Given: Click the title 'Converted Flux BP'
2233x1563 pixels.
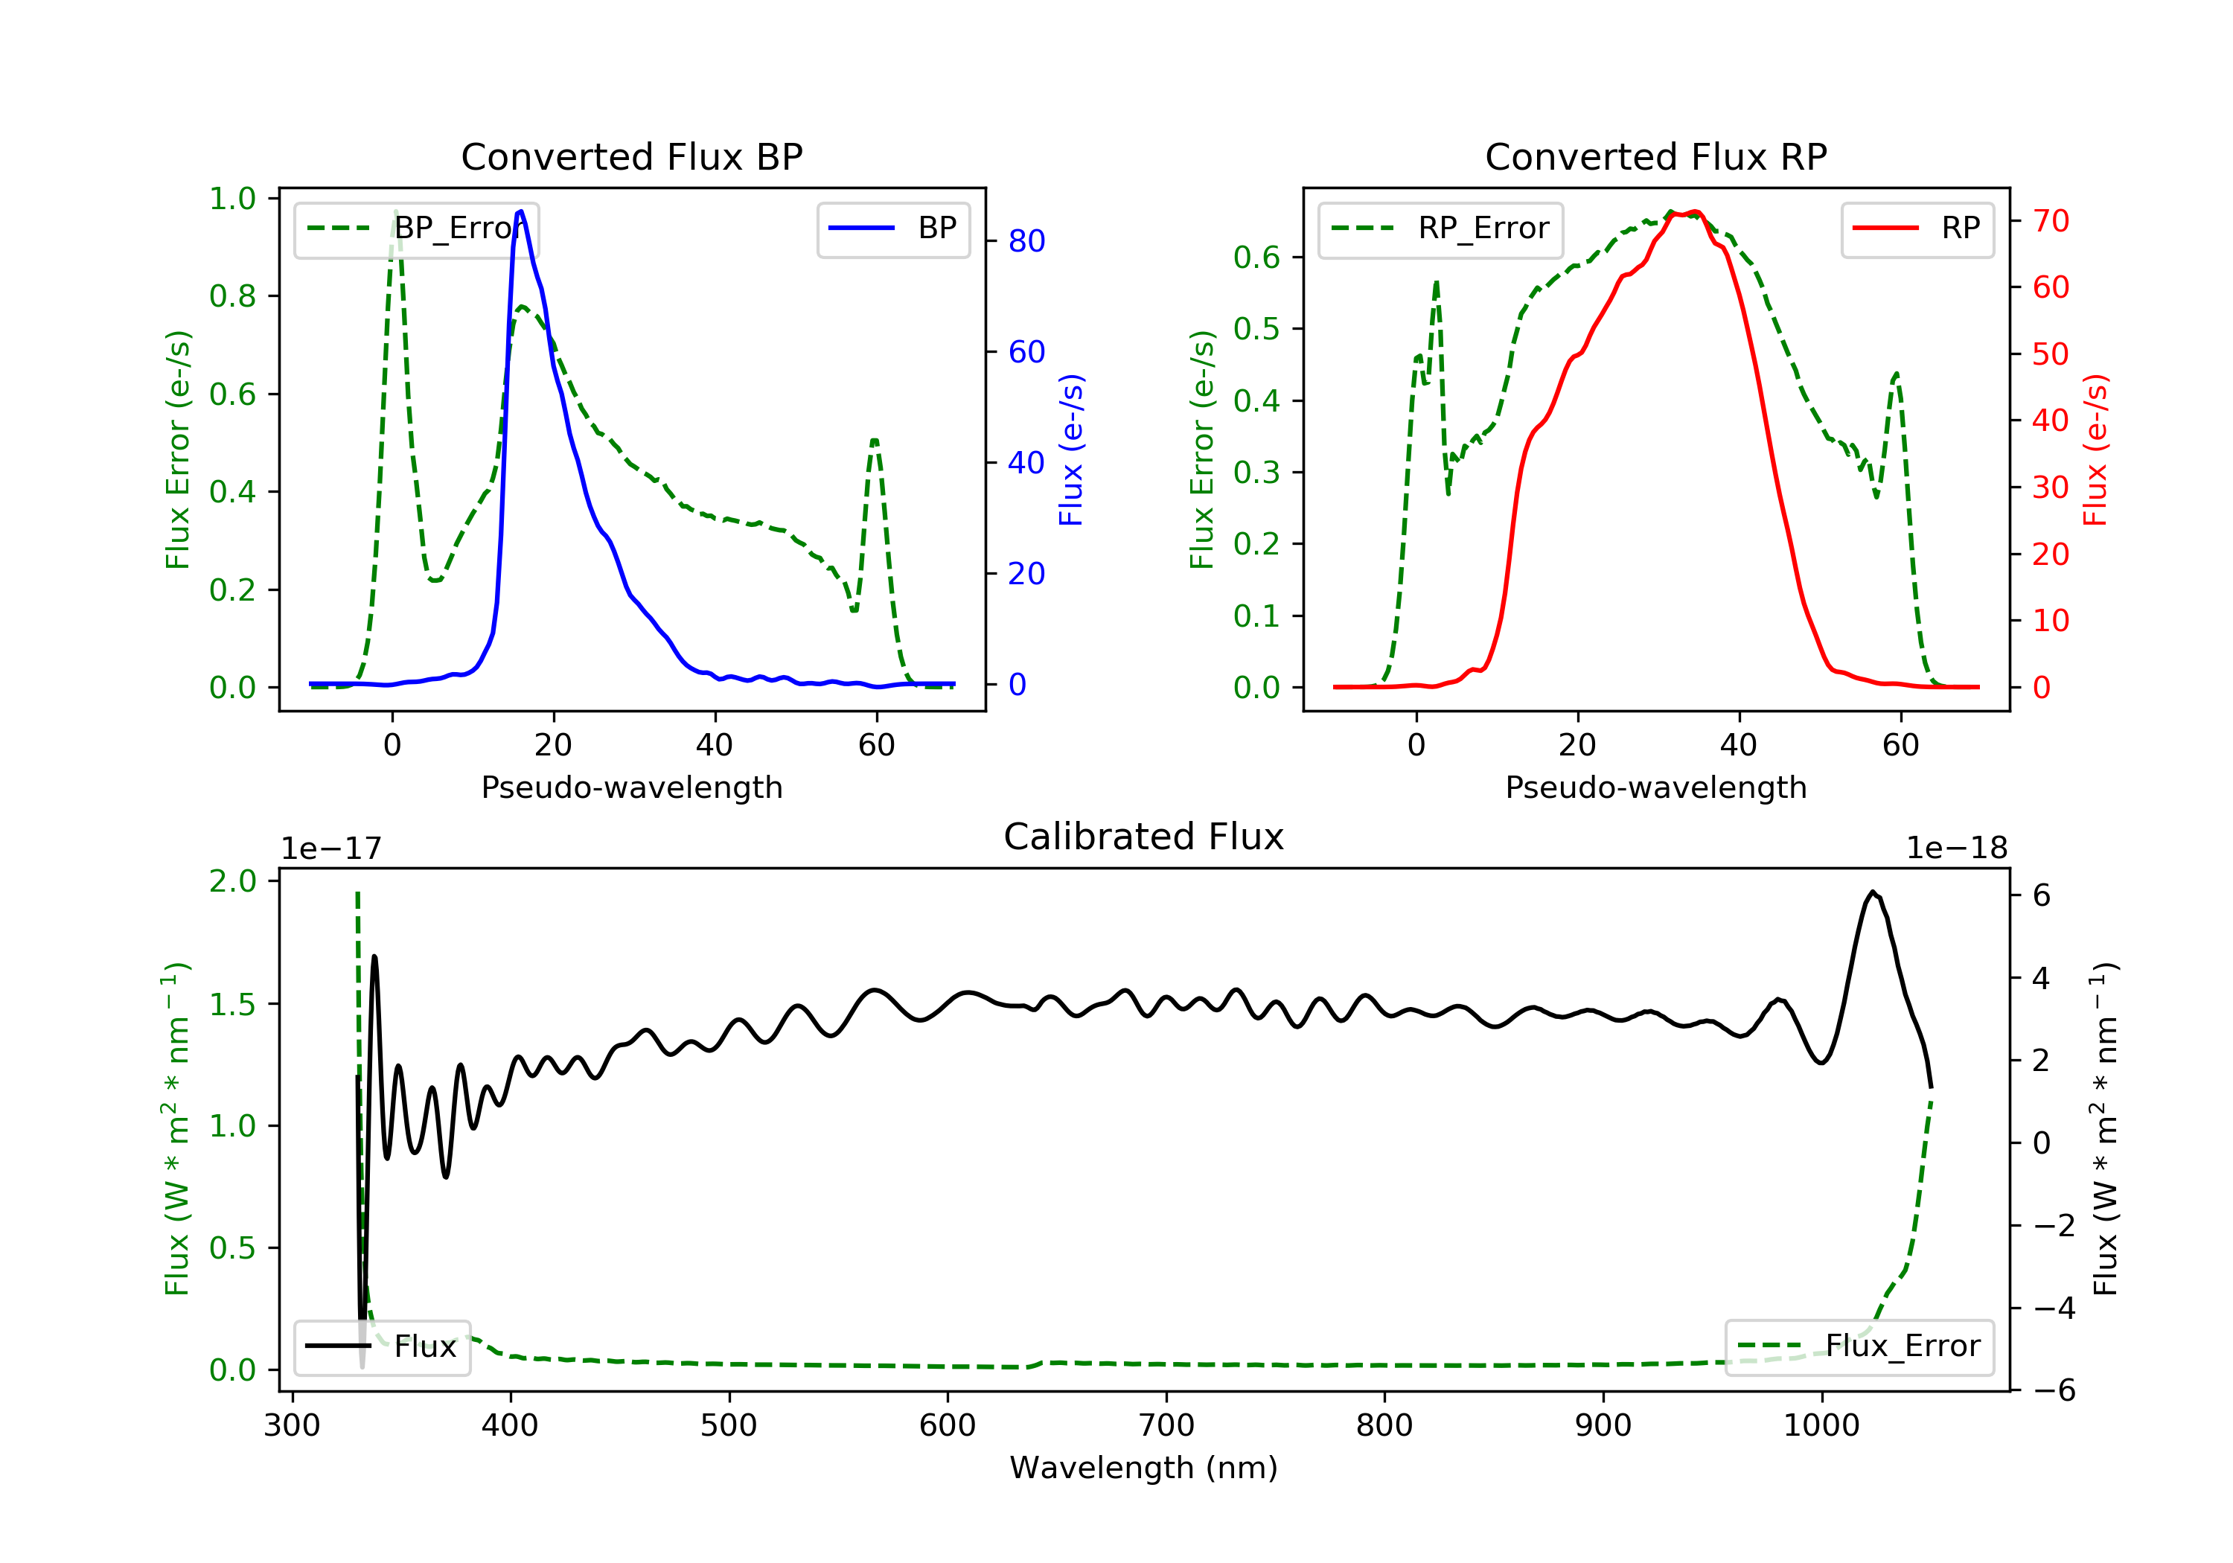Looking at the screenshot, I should tap(631, 156).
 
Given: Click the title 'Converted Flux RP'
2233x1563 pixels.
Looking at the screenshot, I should tap(1655, 156).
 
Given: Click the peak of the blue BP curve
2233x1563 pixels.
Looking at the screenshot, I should tap(521, 211).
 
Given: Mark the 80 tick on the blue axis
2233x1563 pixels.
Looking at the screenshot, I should tap(1026, 241).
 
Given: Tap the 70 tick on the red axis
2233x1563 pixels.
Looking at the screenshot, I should tap(2050, 221).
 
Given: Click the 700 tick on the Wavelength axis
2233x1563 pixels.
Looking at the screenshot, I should tap(1166, 1426).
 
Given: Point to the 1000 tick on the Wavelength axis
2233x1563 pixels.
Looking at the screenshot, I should tap(1821, 1426).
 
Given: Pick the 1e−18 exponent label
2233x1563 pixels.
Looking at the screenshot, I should tap(1957, 849).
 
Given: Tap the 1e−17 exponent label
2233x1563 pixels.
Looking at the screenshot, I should tap(330, 849).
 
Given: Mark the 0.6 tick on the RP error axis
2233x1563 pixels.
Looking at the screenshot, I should tap(1256, 258).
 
